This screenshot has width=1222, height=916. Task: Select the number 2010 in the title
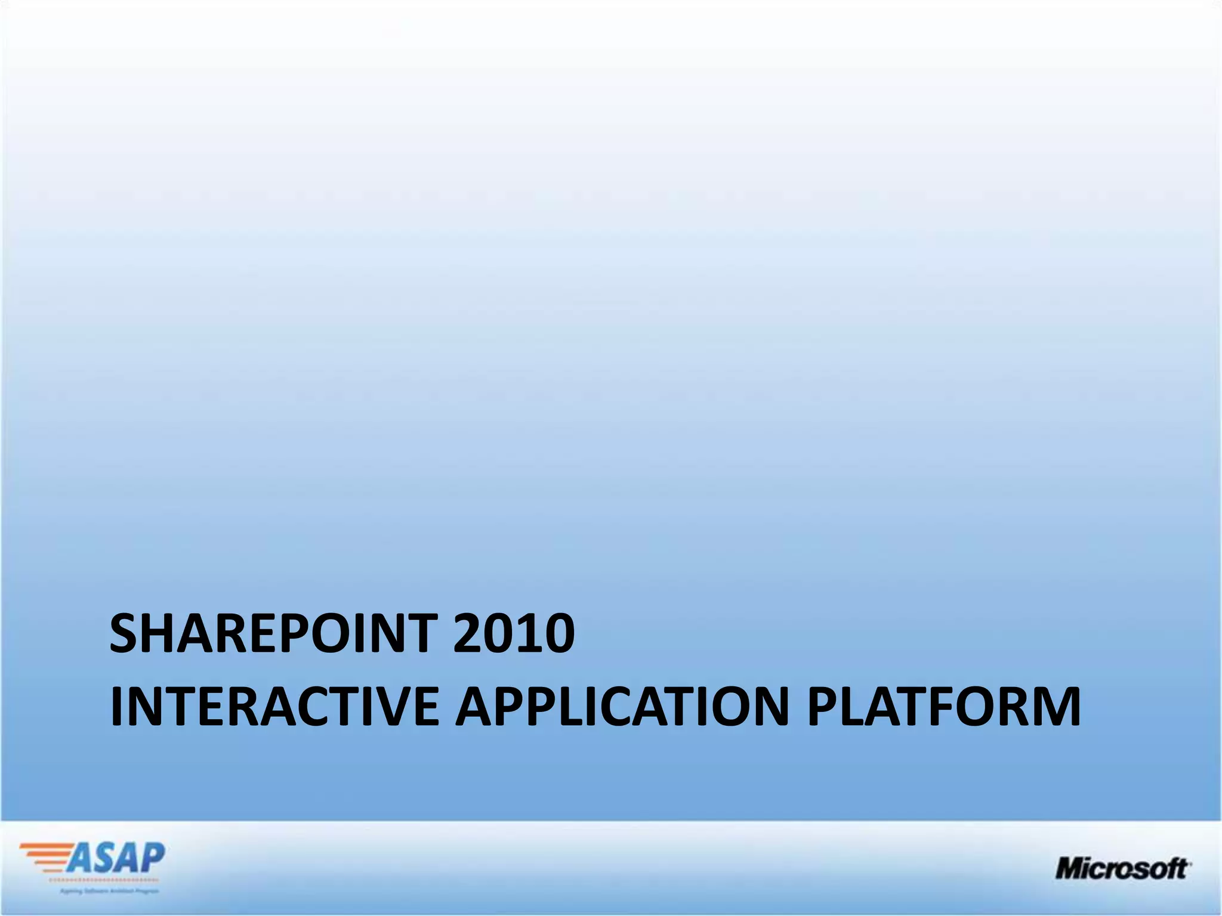coord(514,633)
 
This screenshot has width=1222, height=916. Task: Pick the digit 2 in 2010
coord(468,633)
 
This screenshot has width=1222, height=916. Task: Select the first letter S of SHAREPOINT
coord(126,633)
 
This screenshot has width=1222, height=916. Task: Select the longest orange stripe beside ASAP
coord(48,846)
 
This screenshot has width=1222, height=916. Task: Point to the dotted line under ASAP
coord(101,880)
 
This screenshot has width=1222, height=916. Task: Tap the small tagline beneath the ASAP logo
coord(109,891)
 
